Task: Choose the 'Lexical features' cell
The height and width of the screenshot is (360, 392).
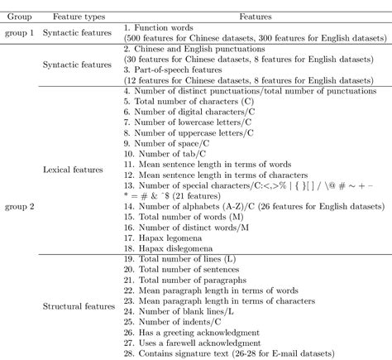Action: click(x=75, y=170)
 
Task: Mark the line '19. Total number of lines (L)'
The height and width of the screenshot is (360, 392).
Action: click(x=179, y=259)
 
